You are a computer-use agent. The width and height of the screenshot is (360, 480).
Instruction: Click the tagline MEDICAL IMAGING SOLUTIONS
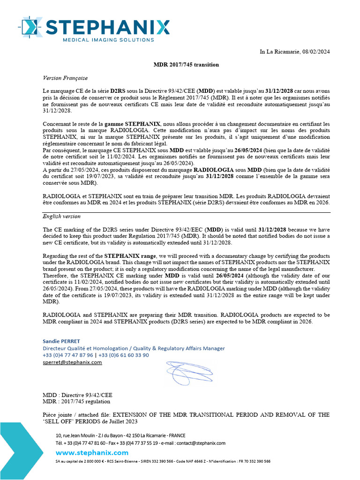click(108, 40)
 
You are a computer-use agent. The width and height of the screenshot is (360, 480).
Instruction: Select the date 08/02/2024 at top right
click(316, 52)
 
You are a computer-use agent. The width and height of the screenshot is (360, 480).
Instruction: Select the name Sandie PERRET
click(61, 341)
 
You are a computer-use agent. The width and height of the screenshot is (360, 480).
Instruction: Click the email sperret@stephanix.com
click(72, 362)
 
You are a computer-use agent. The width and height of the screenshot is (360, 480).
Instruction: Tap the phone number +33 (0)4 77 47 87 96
click(68, 355)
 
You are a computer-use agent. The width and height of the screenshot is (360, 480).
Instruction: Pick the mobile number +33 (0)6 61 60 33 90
click(123, 355)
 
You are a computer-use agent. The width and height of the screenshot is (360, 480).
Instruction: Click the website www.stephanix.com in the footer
click(92, 452)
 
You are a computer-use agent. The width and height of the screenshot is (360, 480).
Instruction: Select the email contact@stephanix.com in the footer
click(202, 443)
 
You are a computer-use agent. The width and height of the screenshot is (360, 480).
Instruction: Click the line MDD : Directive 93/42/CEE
click(77, 395)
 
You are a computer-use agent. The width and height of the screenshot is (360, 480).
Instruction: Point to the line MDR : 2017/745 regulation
click(76, 401)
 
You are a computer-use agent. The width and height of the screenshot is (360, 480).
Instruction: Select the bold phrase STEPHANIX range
click(132, 256)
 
